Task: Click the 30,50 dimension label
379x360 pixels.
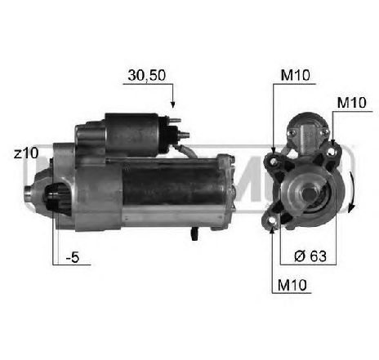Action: click(147, 75)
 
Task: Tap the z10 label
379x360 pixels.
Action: click(26, 153)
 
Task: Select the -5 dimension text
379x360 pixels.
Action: click(73, 257)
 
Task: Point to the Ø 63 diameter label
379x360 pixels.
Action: click(310, 256)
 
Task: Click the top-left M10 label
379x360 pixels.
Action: click(296, 75)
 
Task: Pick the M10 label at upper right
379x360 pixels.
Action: click(351, 103)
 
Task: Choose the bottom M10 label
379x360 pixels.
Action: click(292, 285)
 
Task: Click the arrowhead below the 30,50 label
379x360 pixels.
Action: click(172, 104)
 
